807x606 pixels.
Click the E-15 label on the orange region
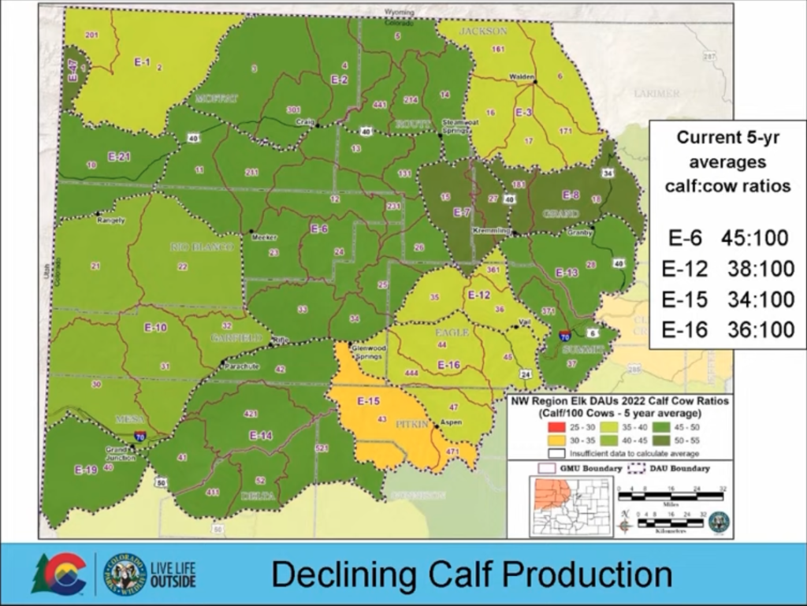point(370,401)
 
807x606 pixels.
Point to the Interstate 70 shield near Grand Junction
point(139,434)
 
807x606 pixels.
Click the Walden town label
point(521,76)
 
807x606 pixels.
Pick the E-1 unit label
point(142,62)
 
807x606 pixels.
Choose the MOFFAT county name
point(215,98)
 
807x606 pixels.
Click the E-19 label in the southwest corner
point(86,470)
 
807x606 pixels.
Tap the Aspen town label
point(450,422)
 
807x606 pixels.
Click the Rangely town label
point(111,220)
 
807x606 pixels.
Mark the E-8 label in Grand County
point(571,195)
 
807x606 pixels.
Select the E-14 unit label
point(261,435)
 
